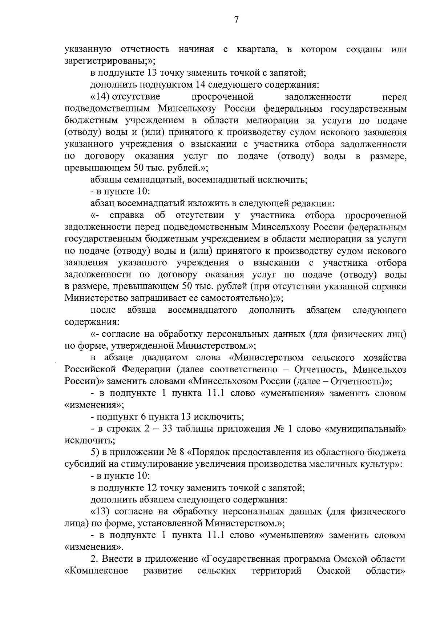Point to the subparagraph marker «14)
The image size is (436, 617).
coord(100,97)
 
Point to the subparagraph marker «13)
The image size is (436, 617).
coord(100,512)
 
